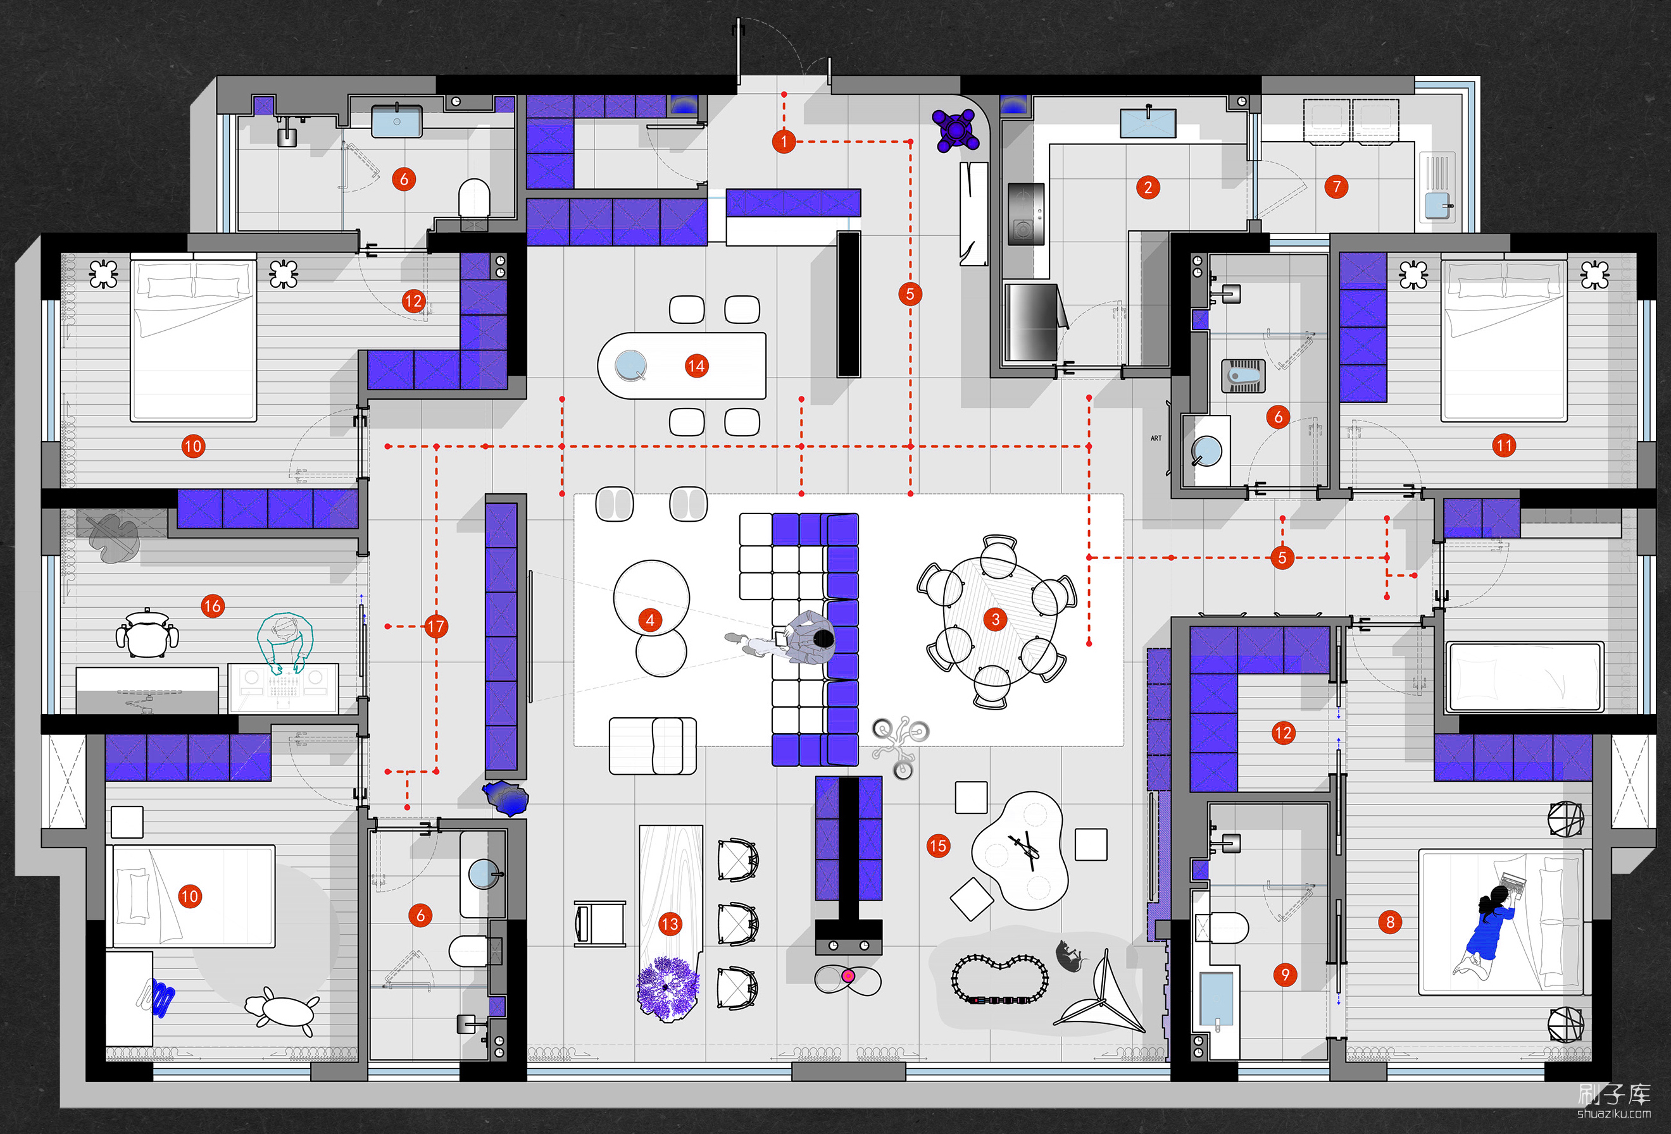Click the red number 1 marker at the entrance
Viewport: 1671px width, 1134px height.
[x=784, y=142]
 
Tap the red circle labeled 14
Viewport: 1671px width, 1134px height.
[x=696, y=366]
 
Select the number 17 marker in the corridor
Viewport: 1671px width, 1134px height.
[x=435, y=627]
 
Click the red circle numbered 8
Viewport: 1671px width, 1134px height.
[x=1390, y=922]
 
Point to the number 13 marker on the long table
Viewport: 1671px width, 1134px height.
[x=670, y=924]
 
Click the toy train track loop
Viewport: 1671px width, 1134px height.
[x=999, y=979]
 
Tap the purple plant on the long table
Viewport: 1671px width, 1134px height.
[x=668, y=987]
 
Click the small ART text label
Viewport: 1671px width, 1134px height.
[x=1156, y=438]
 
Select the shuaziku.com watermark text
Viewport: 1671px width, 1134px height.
[x=1613, y=1114]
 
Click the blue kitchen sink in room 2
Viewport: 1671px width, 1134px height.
[x=1148, y=123]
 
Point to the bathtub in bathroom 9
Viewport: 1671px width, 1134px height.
[x=1216, y=999]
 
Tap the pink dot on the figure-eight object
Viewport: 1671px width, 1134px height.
[x=848, y=976]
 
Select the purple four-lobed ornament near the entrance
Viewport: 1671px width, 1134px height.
[x=956, y=130]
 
